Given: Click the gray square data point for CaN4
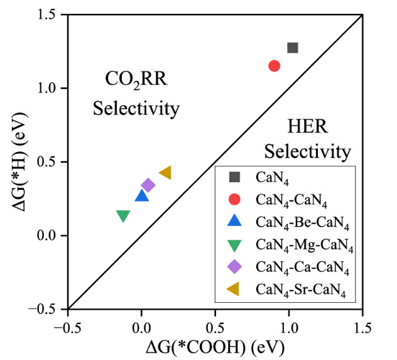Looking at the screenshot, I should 292,48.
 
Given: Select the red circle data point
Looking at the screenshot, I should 275,65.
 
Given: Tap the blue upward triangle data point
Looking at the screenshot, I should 142,196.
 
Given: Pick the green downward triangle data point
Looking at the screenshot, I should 123,216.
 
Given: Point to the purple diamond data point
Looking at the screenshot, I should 148,185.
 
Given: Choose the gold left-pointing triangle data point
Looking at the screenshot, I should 165,173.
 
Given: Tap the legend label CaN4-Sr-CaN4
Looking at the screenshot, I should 301,290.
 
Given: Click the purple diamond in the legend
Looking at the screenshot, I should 234,267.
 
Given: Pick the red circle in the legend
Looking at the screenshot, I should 234,199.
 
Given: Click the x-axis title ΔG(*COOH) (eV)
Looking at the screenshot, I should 215,347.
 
